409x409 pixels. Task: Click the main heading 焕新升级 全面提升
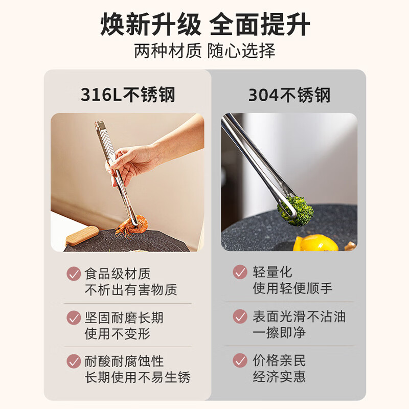(x=204, y=25)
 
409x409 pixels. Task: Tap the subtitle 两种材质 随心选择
(x=204, y=51)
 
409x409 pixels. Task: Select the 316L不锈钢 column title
(x=128, y=95)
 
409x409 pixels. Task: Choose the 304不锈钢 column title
(x=289, y=95)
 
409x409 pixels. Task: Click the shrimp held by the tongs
(x=131, y=225)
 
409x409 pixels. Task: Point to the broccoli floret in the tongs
(x=295, y=209)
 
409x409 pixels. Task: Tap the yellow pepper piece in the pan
(x=316, y=243)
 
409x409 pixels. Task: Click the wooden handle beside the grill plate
(x=82, y=236)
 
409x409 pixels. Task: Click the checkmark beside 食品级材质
(x=74, y=274)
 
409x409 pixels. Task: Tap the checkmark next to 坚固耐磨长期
(x=74, y=317)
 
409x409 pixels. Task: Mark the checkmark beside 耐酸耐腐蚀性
(x=74, y=361)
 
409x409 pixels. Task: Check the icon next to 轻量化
(x=240, y=272)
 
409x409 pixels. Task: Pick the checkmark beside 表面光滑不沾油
(x=240, y=316)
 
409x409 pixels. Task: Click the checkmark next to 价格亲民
(x=240, y=360)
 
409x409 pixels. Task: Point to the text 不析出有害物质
(x=131, y=290)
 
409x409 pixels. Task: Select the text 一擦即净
(x=279, y=333)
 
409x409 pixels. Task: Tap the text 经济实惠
(x=279, y=377)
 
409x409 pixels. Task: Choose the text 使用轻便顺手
(x=292, y=289)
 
